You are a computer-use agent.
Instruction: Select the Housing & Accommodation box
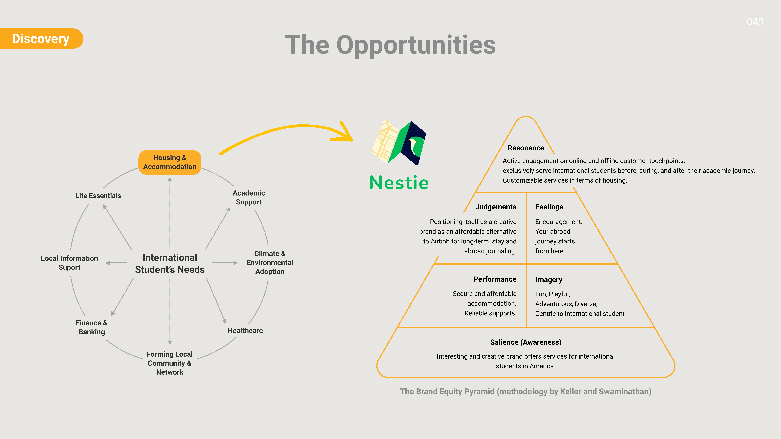coord(170,162)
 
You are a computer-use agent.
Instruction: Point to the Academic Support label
coord(249,198)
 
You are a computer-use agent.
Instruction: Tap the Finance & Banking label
coord(92,327)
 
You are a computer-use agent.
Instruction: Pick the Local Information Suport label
coord(69,263)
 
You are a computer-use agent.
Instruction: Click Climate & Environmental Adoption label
coord(270,262)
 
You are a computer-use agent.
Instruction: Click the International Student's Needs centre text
coord(170,263)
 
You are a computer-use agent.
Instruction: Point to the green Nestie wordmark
coord(399,183)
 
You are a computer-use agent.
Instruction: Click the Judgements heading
coord(496,207)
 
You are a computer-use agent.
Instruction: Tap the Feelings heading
coord(549,207)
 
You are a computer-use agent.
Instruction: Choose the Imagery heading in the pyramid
coord(549,280)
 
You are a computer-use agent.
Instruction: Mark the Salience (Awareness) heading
coord(526,342)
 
